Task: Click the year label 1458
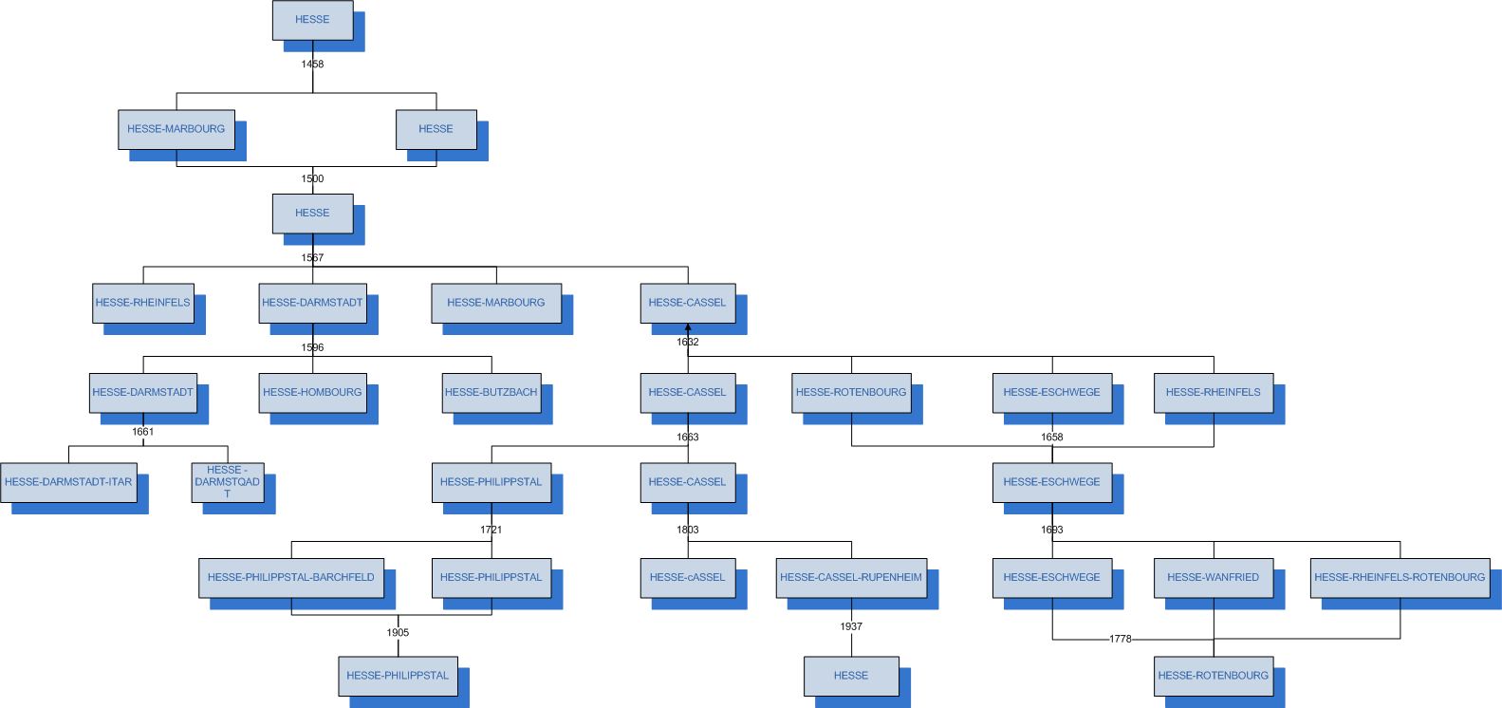312,65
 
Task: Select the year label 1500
312,178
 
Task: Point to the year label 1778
1121,639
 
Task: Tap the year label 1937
851,626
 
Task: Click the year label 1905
398,632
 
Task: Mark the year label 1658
1051,438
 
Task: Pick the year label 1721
491,530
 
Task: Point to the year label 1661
143,432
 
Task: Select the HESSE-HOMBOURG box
312,392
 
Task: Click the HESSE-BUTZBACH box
491,392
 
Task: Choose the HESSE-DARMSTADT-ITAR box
68,482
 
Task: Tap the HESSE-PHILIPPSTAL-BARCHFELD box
291,577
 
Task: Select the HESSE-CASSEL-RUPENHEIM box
851,577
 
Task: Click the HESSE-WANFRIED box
1213,577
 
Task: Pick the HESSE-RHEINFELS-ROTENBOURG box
1400,577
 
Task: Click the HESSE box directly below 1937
851,676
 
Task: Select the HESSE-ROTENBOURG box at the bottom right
1213,676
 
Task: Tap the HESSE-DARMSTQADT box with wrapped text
228,482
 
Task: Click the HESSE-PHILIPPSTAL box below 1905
398,676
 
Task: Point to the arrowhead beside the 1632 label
688,328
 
